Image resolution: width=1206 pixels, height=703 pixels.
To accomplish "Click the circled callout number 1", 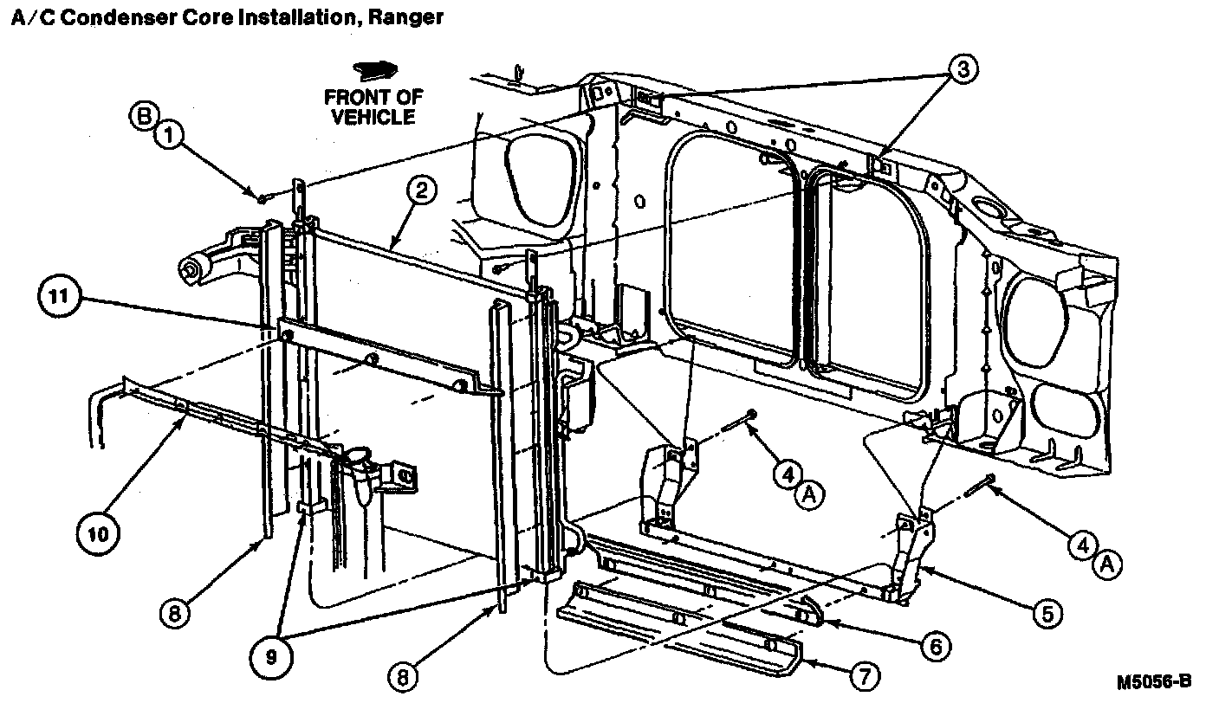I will click(x=171, y=136).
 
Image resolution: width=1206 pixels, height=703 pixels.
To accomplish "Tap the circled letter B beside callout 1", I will click(x=143, y=115).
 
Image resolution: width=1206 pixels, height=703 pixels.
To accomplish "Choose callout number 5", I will click(x=1044, y=614).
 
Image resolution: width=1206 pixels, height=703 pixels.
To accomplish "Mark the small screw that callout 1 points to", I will click(x=262, y=199).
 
